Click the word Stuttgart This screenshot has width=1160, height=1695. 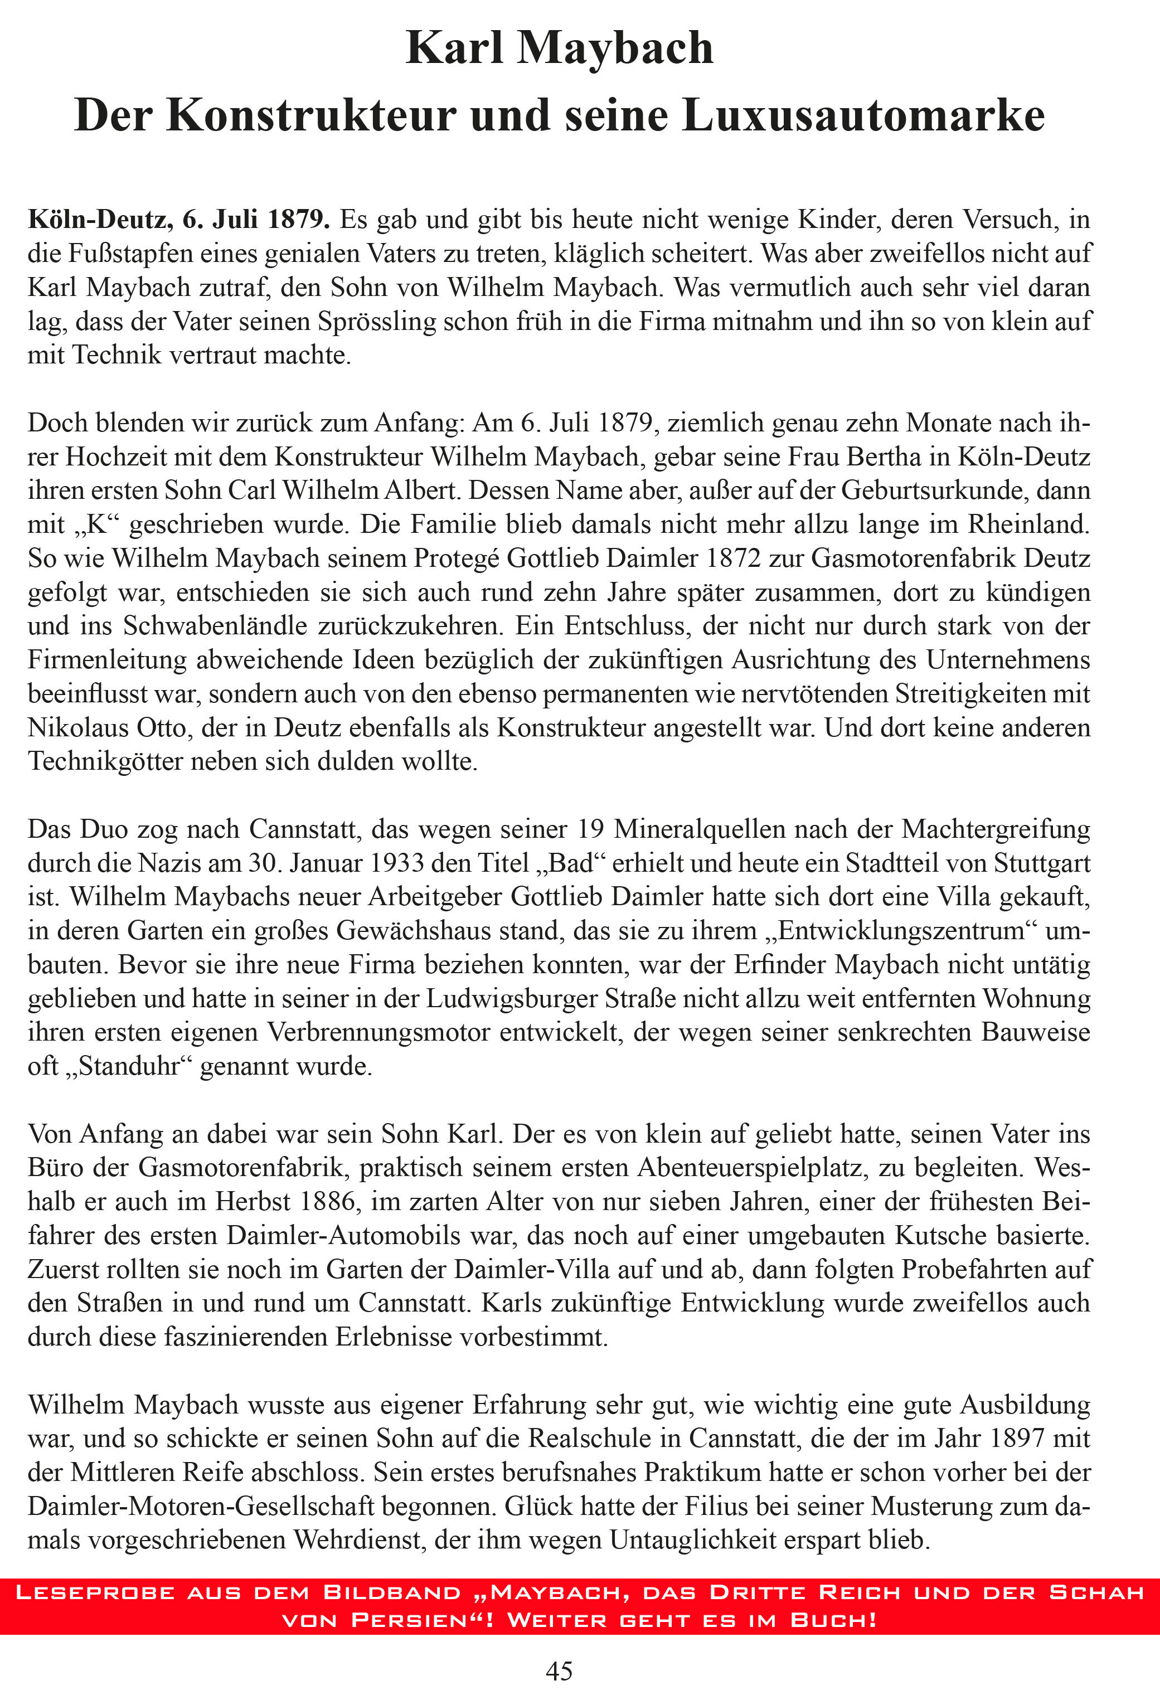pyautogui.click(x=1035, y=863)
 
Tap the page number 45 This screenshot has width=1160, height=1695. pyautogui.click(x=560, y=1670)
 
